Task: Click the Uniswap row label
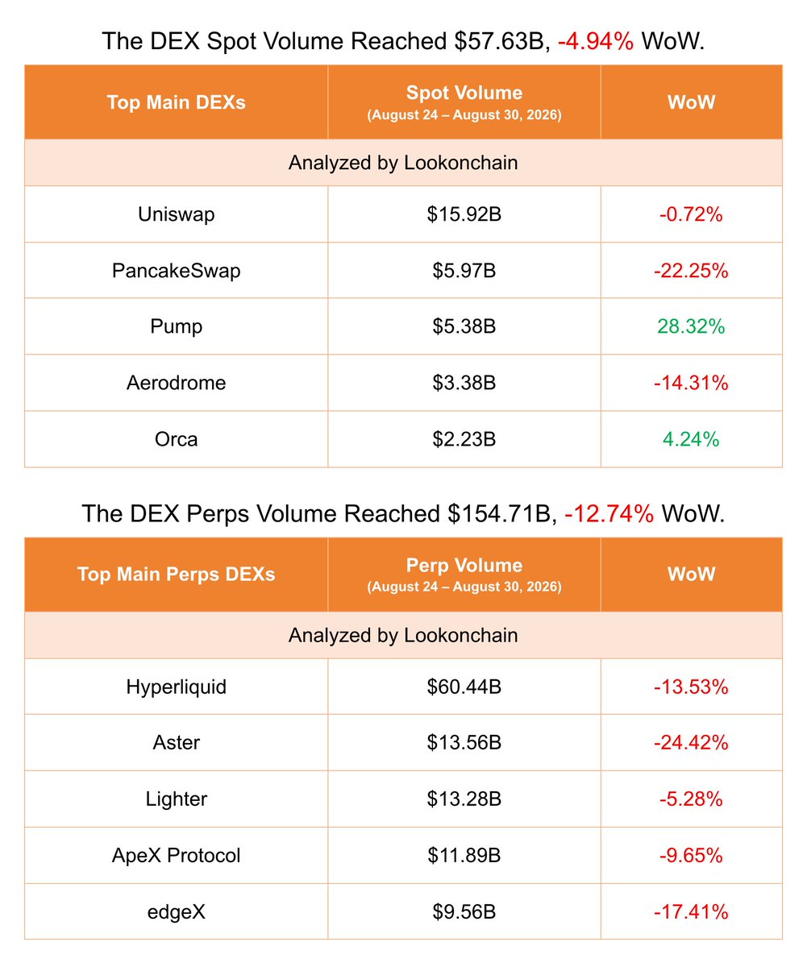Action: pos(176,214)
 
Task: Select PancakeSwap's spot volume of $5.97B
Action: pos(464,271)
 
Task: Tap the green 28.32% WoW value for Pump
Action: pos(691,326)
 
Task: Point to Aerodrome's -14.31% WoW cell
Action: pos(691,383)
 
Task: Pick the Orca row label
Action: pos(176,439)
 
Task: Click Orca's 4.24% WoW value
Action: pos(691,439)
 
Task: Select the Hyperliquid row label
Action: pos(176,687)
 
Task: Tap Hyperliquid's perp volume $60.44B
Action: pos(464,687)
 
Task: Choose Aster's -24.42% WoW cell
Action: pos(691,743)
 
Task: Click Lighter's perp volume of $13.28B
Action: pos(464,799)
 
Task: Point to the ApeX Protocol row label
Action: pos(176,855)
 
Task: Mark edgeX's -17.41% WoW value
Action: pos(691,912)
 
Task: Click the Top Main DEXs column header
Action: pos(176,102)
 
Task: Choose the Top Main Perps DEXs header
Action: pos(176,575)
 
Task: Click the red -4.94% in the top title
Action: pos(596,41)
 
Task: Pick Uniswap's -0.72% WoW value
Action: pos(691,214)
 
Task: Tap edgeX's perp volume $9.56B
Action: pos(464,912)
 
